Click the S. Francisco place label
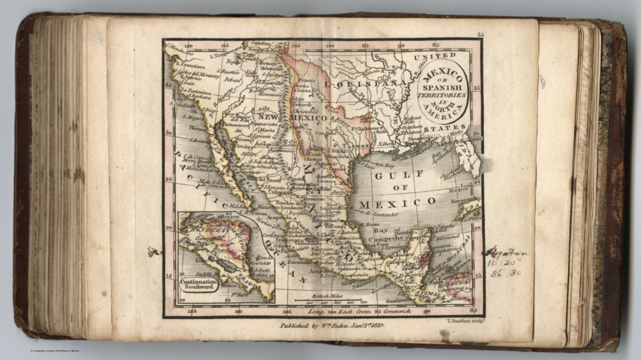coord(190,65)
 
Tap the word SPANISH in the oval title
coord(442,88)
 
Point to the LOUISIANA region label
coord(366,84)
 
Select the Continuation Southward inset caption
coord(199,284)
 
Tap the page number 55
coord(480,35)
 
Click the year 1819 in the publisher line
coord(376,326)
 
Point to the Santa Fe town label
coord(304,90)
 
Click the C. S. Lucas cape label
coord(249,212)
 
